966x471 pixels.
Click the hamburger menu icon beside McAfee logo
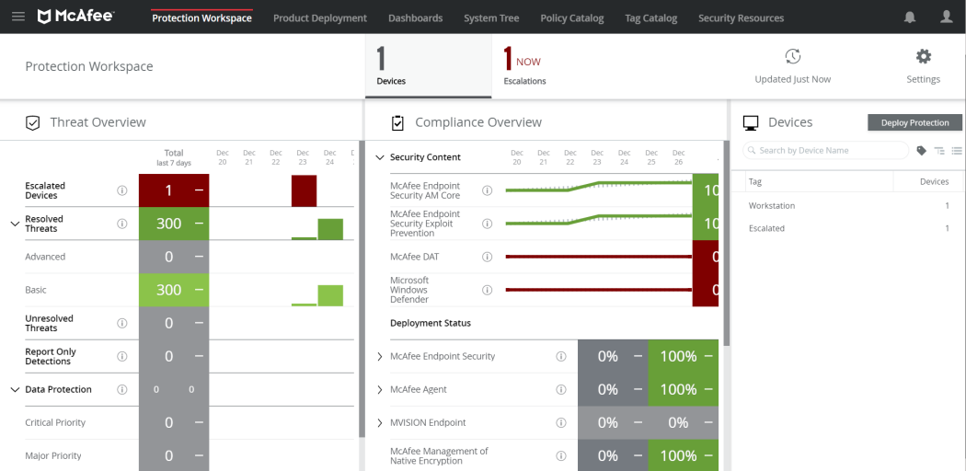(18, 17)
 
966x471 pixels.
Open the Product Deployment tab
(319, 18)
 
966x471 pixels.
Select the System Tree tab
(491, 18)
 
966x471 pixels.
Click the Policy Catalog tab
(572, 18)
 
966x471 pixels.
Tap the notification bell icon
(910, 17)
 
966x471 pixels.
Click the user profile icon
(947, 17)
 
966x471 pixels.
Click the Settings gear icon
(924, 57)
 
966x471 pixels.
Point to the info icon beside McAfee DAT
(488, 257)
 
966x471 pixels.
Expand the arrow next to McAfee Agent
(380, 390)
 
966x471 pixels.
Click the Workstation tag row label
(772, 206)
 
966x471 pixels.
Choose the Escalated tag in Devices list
(766, 228)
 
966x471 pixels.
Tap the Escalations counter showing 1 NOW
(524, 66)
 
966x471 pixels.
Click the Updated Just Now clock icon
(792, 57)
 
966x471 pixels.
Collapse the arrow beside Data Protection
(14, 390)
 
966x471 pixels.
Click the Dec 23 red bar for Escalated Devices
(304, 190)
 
